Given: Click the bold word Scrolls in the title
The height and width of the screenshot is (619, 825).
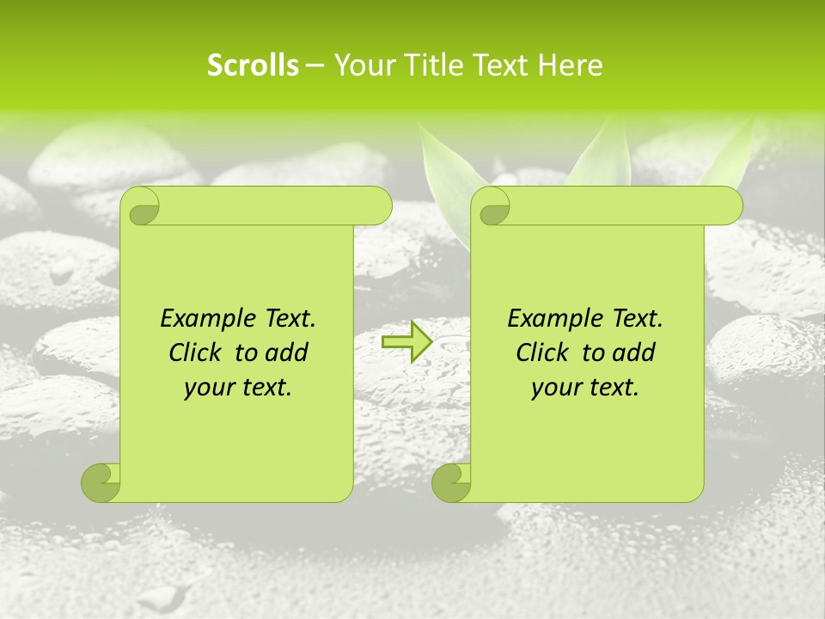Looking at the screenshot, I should tap(253, 65).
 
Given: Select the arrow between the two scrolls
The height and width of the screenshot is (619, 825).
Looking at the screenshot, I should tap(406, 341).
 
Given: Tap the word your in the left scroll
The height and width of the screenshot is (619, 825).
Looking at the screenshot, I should tap(206, 389).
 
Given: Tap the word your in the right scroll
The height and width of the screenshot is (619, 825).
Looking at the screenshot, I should tap(553, 389).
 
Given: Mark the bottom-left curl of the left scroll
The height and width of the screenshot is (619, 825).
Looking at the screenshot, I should tap(101, 482).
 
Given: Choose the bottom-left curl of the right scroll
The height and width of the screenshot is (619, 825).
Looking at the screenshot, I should tap(451, 482).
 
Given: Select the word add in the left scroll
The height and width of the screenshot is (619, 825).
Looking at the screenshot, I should tap(287, 353).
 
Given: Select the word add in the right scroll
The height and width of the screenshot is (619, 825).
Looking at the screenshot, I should tap(634, 353).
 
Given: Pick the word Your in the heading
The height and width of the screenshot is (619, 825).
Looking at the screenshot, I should tap(365, 65).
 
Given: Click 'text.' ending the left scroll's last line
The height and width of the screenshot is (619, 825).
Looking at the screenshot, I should tap(266, 389).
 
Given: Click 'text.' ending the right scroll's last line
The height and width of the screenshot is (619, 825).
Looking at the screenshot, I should tap(613, 389).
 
